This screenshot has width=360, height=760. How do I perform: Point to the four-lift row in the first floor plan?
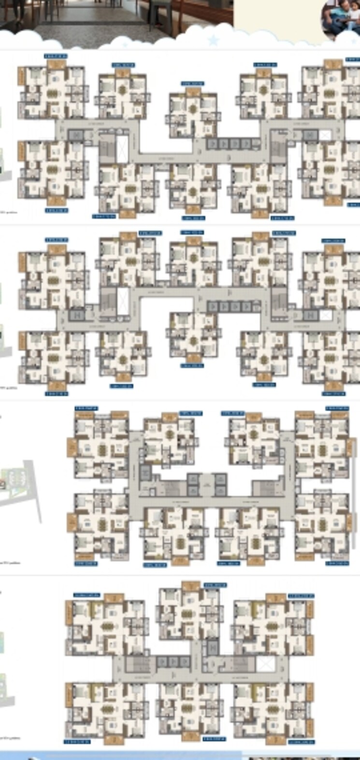[230, 143]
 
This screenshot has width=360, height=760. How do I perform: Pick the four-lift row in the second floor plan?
[230, 306]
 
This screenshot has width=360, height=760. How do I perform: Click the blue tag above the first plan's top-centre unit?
[192, 83]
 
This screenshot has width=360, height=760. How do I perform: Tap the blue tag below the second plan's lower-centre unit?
[192, 366]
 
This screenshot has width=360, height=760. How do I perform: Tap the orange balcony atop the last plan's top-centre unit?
[191, 586]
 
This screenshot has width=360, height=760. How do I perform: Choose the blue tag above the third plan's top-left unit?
[86, 409]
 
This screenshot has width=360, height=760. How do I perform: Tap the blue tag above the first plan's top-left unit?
[56, 56]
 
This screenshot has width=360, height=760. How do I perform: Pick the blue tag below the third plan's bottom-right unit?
[337, 563]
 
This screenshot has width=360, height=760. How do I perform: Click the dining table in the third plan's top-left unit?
[102, 450]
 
